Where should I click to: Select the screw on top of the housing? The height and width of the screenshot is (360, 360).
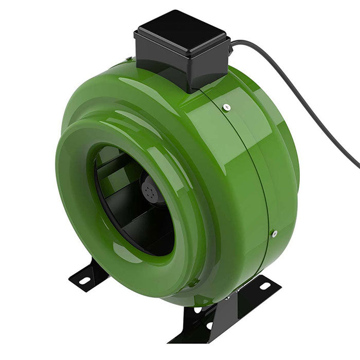point(227,107)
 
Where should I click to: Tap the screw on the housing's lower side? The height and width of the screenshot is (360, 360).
point(274,234)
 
